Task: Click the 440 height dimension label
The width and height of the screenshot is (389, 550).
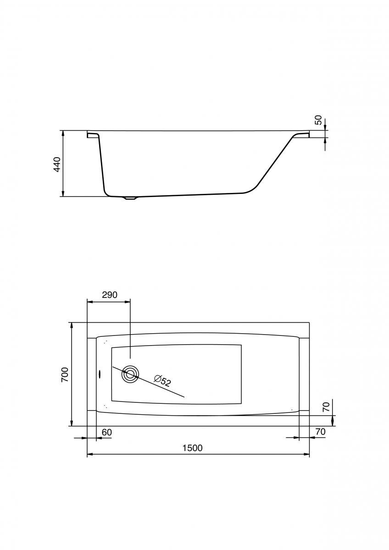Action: pos(57,165)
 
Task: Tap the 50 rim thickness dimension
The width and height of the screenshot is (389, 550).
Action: pos(318,120)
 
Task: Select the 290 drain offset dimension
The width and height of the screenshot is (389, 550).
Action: pos(110,295)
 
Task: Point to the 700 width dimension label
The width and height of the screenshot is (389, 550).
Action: pos(65,375)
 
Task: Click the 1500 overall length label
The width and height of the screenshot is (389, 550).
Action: pos(192,448)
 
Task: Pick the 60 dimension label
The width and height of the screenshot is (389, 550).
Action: pos(107,432)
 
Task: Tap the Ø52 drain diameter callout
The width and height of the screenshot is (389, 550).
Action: pos(162,381)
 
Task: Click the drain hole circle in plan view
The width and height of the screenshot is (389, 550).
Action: pos(130,374)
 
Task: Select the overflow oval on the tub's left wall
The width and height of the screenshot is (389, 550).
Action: pos(99,374)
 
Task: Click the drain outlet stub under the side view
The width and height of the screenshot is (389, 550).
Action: pos(130,198)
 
